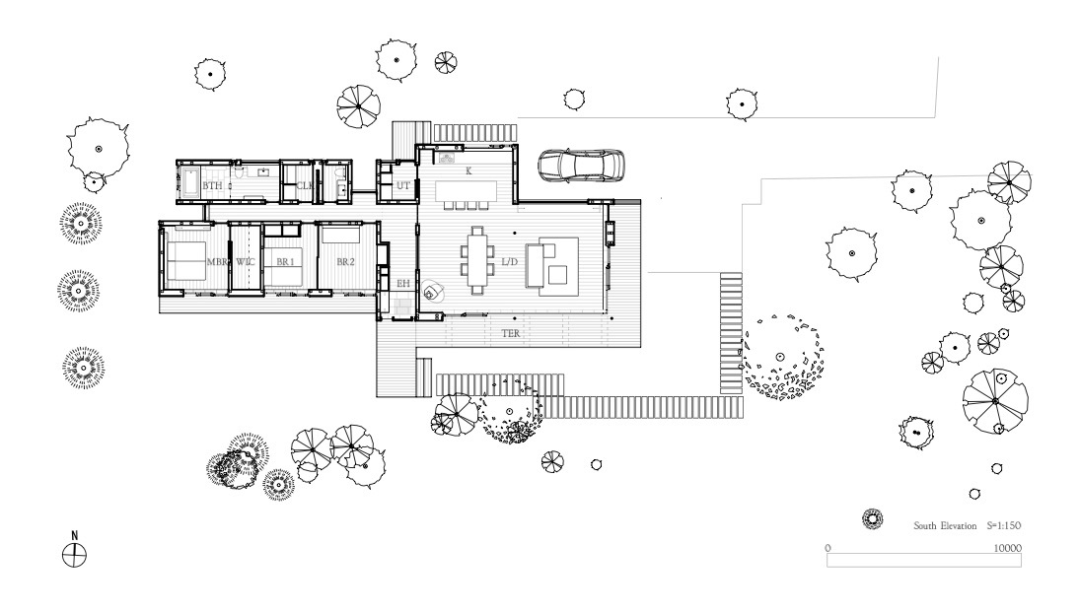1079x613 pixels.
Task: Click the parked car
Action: pos(582,166)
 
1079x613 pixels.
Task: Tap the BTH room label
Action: pos(212,185)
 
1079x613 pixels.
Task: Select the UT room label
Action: pos(403,185)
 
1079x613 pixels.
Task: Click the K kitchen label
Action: pos(469,171)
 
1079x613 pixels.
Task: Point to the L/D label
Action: pos(509,262)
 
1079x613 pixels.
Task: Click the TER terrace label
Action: pos(511,334)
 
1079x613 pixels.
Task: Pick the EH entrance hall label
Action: pos(403,284)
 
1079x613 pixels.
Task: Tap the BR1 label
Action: pos(285,262)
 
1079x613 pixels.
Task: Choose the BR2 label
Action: pos(345,262)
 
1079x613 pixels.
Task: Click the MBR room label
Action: pos(217,262)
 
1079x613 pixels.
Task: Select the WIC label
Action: pos(246,262)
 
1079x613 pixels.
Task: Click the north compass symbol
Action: pos(74,554)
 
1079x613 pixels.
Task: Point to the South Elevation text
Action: pos(945,525)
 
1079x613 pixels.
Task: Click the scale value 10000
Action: pos(1007,548)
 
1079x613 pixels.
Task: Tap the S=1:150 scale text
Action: pos(1004,525)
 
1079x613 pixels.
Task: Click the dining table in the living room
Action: pos(478,260)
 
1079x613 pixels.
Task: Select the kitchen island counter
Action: pos(466,190)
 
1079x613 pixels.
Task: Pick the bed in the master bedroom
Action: pos(185,261)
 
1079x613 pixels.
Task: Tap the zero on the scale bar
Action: pos(827,548)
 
